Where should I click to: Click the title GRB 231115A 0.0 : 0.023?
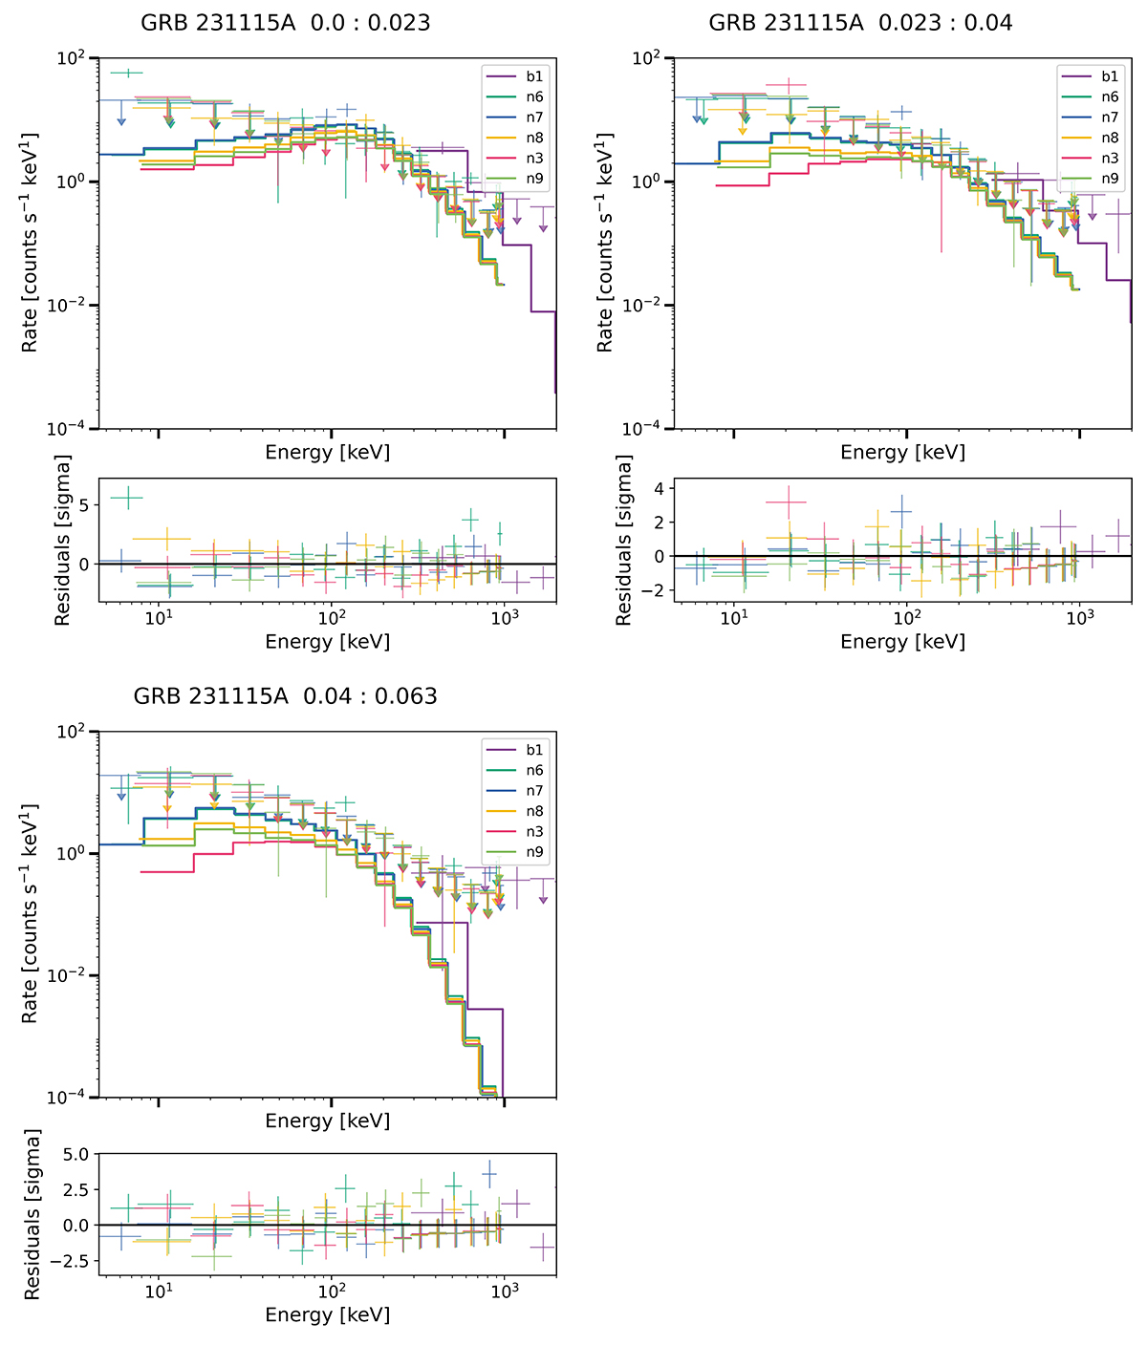tap(285, 22)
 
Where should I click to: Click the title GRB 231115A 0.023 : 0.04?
tap(860, 22)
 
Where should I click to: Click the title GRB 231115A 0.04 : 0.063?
tap(285, 695)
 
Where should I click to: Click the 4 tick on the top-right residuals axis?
tap(660, 489)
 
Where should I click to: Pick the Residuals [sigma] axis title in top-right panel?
tap(624, 541)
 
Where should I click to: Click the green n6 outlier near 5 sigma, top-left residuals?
tap(127, 497)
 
